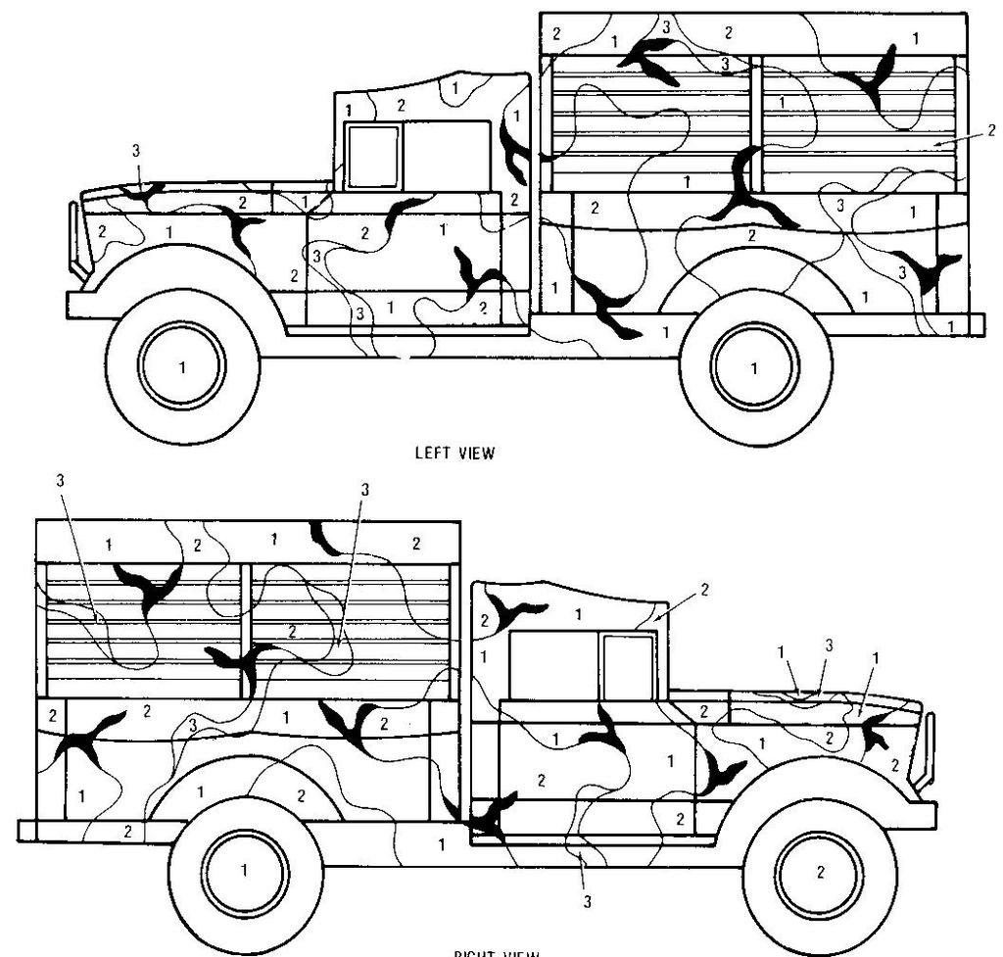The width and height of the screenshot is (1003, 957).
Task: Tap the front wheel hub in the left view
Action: (x=182, y=365)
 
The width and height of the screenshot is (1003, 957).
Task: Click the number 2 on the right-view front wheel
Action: (x=820, y=873)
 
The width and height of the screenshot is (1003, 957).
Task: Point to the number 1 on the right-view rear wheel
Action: (x=245, y=869)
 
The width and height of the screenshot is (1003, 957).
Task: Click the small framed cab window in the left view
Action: (x=373, y=156)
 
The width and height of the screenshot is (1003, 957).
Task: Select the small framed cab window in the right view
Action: (x=627, y=665)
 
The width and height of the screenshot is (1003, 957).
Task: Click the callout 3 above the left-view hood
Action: (x=136, y=151)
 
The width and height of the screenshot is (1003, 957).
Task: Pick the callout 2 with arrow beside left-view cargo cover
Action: (x=990, y=129)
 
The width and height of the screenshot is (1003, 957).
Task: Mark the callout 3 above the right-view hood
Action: (x=829, y=645)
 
